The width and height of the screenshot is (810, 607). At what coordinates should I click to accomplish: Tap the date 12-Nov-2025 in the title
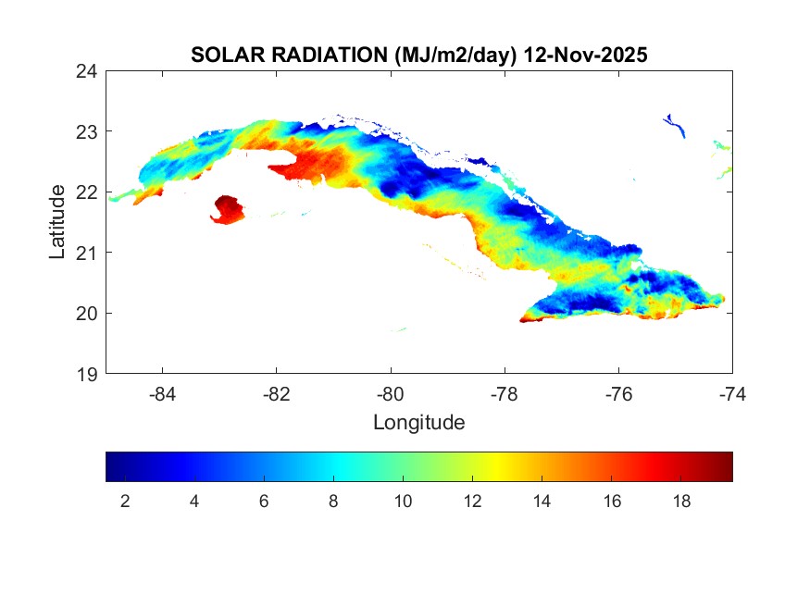[585, 55]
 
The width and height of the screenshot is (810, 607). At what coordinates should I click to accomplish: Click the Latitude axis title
[57, 221]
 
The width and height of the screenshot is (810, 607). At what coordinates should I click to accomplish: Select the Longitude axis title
[418, 423]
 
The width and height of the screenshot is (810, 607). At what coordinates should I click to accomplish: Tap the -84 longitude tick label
[163, 393]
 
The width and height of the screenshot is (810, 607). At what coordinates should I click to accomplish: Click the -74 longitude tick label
[731, 393]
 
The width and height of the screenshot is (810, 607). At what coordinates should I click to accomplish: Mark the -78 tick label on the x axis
[505, 393]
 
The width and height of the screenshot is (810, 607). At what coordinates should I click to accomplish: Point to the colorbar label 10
[403, 502]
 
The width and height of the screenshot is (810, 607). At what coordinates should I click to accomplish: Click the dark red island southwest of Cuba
[228, 209]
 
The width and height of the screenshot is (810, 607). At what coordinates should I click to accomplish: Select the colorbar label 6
[264, 502]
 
